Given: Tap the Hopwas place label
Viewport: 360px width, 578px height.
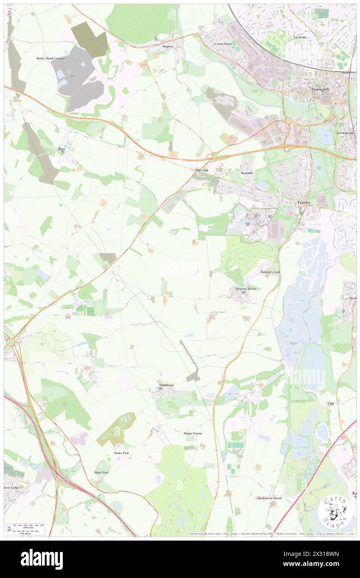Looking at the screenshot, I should coord(168,47).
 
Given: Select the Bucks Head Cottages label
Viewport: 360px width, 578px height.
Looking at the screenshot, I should coord(51,58).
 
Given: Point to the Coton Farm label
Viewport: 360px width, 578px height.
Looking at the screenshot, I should coord(223,43).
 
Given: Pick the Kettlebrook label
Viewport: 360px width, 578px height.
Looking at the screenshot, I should coord(345,133).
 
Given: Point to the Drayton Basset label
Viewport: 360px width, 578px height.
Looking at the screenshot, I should coord(246,289).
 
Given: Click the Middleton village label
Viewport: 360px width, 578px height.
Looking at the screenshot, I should coord(166,385).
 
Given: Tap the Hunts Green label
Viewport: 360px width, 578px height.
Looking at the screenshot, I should coord(193,433).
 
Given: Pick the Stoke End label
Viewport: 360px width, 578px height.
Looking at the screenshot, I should coord(121,452).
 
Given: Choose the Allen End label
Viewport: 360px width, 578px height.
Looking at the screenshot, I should coord(101,472).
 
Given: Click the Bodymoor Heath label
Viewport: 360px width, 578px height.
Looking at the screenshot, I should coord(270,498).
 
